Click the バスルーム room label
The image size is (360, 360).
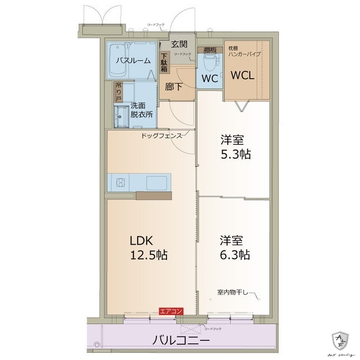[x=133, y=60]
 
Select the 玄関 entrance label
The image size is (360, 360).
[x=179, y=44]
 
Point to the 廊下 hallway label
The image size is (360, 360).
[x=173, y=87]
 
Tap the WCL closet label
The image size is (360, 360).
[x=243, y=74]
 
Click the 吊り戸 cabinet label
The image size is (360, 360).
[x=118, y=92]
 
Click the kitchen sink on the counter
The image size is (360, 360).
[x=156, y=182]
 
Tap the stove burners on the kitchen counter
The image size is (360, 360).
[x=120, y=182]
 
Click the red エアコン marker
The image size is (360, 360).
[x=170, y=310]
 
